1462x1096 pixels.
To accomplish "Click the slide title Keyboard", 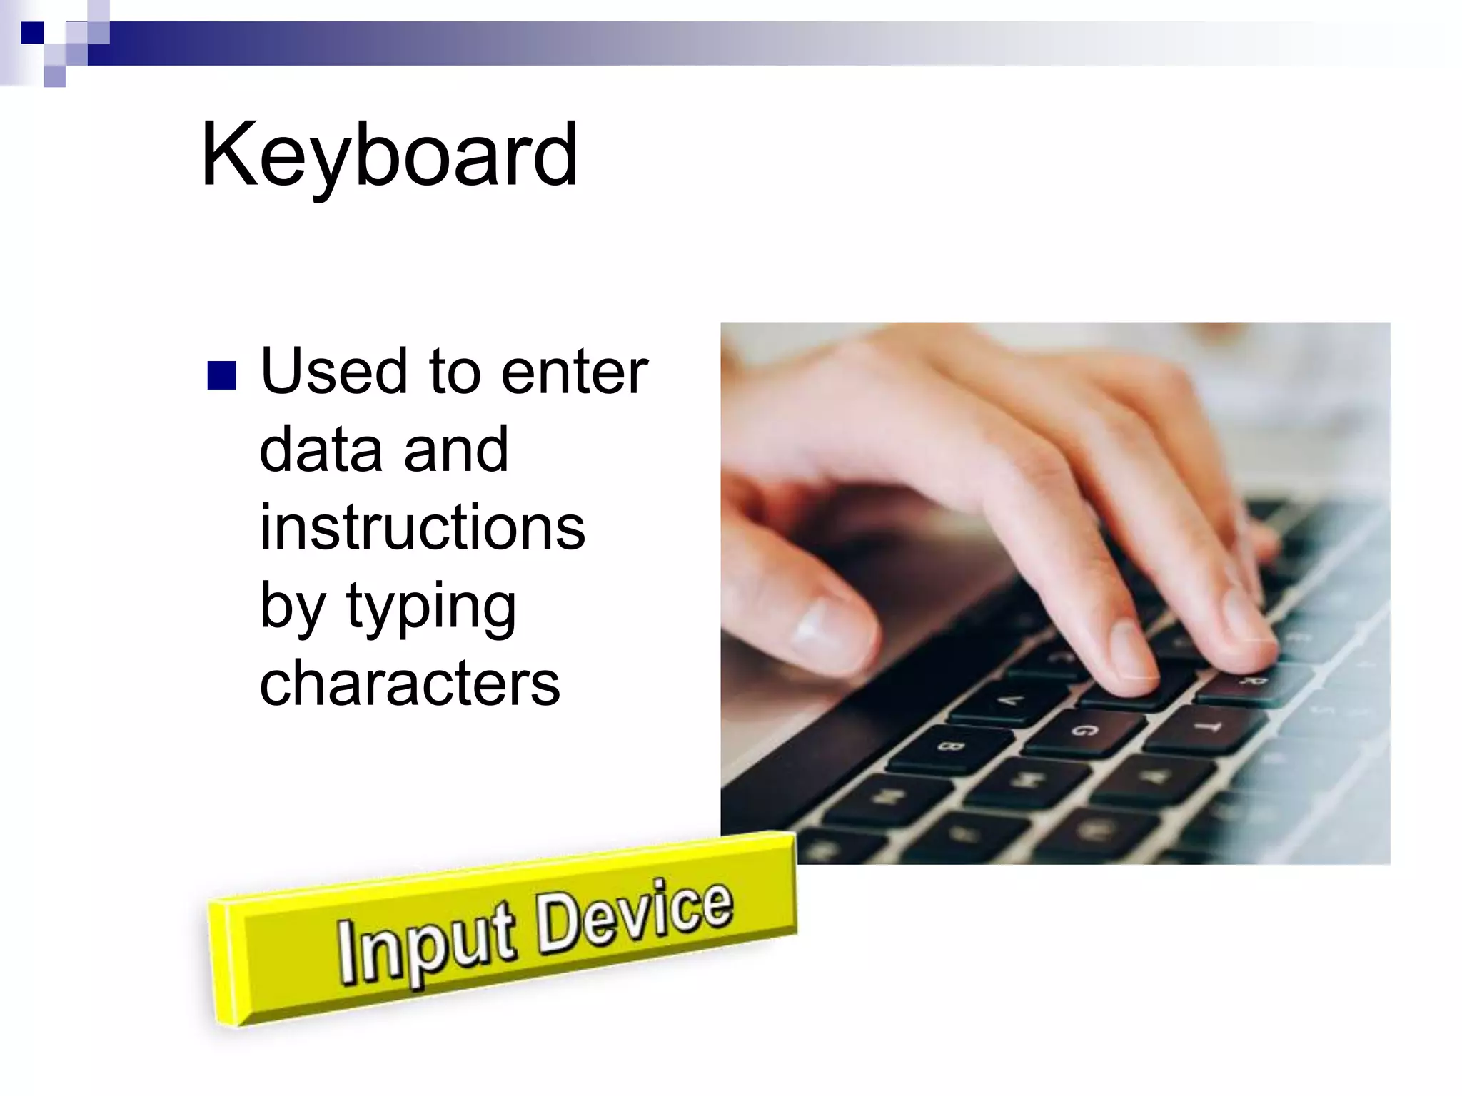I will click(x=389, y=155).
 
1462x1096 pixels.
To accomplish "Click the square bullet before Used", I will click(x=221, y=375).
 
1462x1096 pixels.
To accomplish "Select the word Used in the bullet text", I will click(x=333, y=371).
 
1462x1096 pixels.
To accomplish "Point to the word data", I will click(x=321, y=450).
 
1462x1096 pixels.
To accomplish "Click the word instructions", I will click(x=422, y=527).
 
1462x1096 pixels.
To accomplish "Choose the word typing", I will click(x=430, y=607).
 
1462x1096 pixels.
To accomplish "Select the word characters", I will click(x=410, y=684).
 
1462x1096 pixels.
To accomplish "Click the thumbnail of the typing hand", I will click(x=1055, y=592).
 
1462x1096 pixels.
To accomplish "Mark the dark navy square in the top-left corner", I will click(x=32, y=33).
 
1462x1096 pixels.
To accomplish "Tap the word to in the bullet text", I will click(x=454, y=372).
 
